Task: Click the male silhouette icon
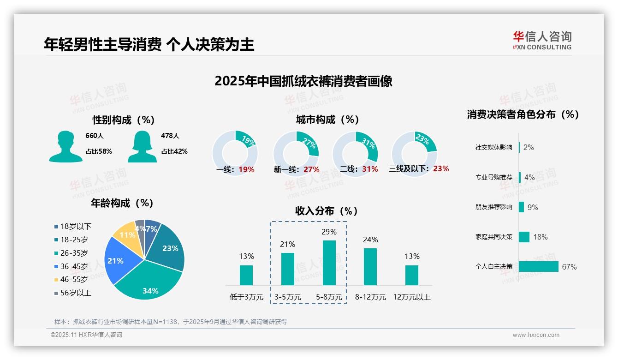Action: (65, 146)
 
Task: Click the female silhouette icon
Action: (142, 146)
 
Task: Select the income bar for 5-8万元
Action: (329, 263)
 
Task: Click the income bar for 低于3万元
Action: (246, 275)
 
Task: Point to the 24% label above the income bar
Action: (370, 240)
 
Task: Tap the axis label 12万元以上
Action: (411, 297)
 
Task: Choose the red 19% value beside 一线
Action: (246, 169)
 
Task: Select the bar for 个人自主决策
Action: (538, 267)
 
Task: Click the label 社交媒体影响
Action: (493, 148)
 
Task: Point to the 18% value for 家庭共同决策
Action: (540, 237)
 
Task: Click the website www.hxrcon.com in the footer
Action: (536, 335)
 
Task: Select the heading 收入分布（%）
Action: (327, 211)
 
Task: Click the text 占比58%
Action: (99, 151)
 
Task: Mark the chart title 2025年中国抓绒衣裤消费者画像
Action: (303, 81)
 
